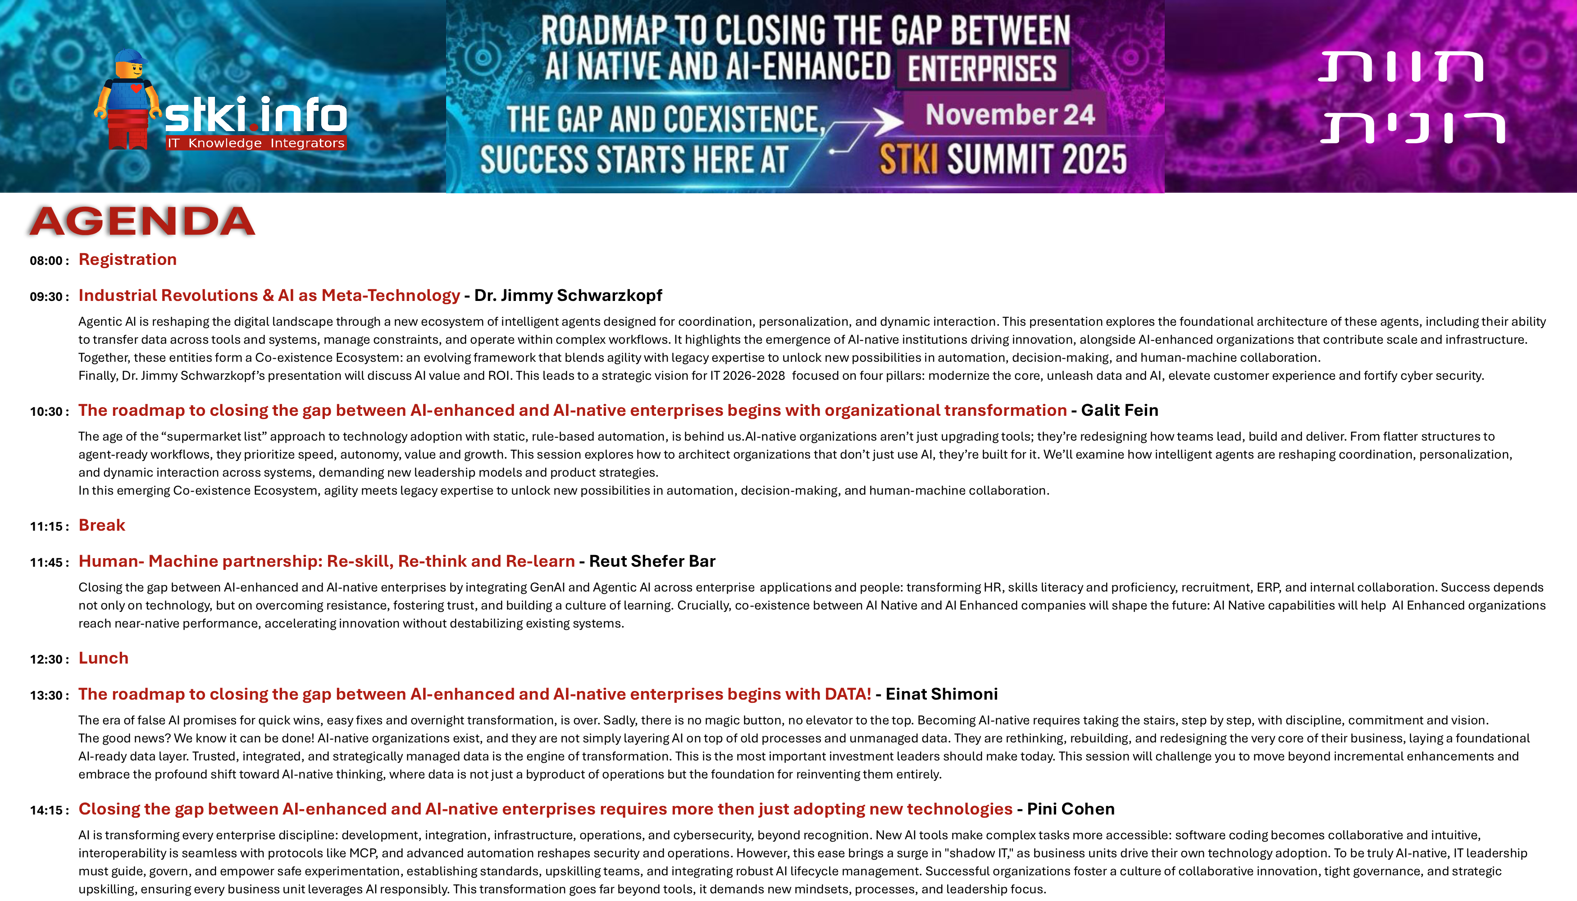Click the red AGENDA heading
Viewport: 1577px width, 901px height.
click(x=142, y=222)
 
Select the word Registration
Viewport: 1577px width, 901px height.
click(x=128, y=259)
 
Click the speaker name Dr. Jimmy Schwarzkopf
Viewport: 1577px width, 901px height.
click(x=568, y=295)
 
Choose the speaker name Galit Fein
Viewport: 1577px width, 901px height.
click(x=1120, y=410)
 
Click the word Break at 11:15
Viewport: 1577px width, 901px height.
click(x=102, y=525)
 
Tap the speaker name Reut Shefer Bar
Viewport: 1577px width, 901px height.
click(x=652, y=561)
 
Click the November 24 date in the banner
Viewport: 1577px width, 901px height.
click(x=1010, y=114)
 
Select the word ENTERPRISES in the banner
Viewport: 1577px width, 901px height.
click(x=982, y=68)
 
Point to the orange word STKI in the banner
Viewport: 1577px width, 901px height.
click(x=909, y=159)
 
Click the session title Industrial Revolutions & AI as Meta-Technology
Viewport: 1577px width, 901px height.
click(x=269, y=295)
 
